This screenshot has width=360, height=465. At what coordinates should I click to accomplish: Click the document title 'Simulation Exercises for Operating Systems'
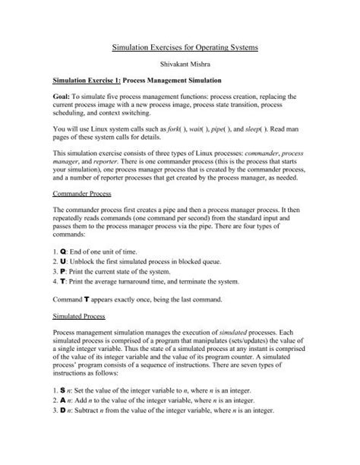pyautogui.click(x=180, y=48)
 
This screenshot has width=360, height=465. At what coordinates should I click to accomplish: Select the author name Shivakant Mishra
pyautogui.click(x=180, y=65)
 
